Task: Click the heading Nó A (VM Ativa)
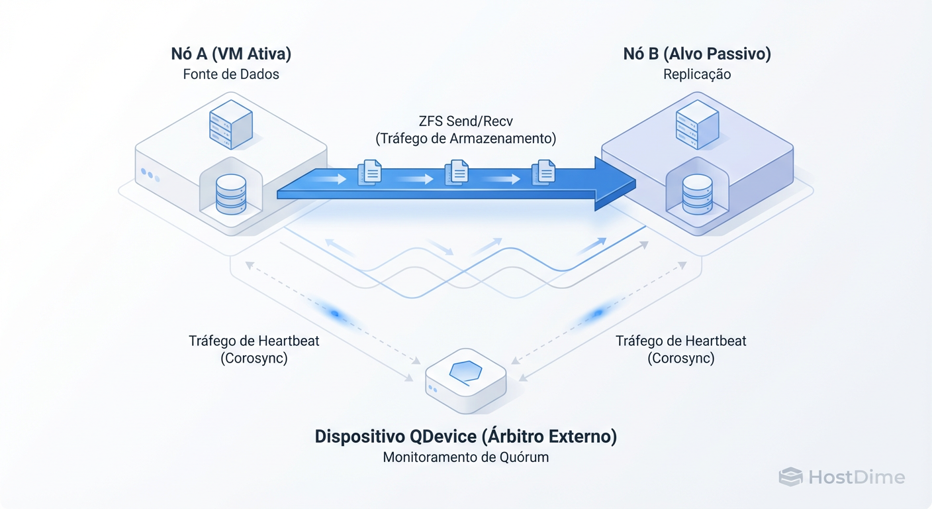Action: [231, 54]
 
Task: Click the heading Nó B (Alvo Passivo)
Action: [697, 54]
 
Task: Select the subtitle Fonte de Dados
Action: [231, 74]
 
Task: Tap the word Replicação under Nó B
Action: [697, 74]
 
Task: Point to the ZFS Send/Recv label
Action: [465, 121]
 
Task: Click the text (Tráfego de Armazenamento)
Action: [465, 139]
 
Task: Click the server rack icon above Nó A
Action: [230, 121]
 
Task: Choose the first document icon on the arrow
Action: [369, 173]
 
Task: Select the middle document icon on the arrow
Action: [457, 173]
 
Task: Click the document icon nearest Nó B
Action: [544, 173]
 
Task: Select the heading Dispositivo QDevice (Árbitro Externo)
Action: [465, 437]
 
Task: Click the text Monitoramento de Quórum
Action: [465, 457]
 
